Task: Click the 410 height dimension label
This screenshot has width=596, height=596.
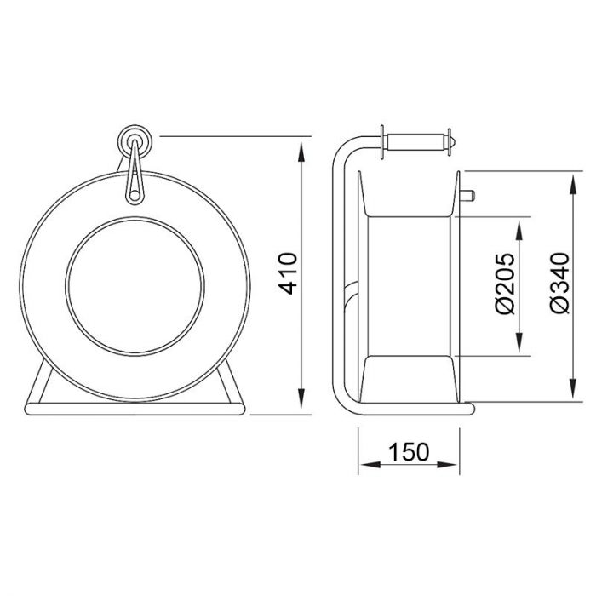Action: (288, 273)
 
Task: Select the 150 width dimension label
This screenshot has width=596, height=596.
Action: (409, 452)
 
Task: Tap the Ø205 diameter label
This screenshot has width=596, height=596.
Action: (505, 284)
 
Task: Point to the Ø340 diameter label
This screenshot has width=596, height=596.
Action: (560, 283)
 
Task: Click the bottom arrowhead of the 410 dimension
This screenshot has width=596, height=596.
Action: (301, 398)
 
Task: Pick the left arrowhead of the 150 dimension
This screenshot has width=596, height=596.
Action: (370, 465)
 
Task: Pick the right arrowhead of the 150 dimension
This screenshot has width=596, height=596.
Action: (447, 465)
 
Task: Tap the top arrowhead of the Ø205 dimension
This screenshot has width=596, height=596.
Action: (519, 230)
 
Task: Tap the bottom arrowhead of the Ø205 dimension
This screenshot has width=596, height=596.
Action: (519, 342)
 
